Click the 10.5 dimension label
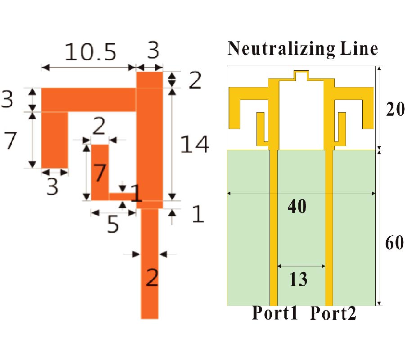[x=90, y=53]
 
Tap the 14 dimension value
[x=194, y=144]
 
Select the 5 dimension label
[x=112, y=225]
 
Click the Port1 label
[x=274, y=313]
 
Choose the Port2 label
[x=333, y=313]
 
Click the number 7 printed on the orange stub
[x=100, y=173]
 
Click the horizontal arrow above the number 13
[x=301, y=266]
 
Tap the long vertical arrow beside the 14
[x=172, y=144]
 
